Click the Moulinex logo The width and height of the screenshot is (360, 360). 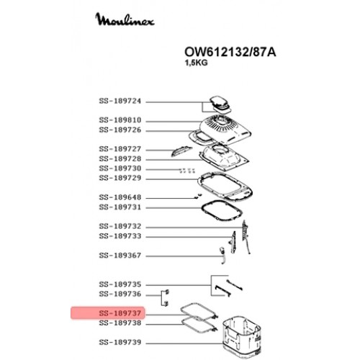(x=125, y=19)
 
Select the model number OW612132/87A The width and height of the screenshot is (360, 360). (x=230, y=52)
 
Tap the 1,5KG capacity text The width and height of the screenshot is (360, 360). (x=196, y=63)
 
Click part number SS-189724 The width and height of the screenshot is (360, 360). (x=120, y=101)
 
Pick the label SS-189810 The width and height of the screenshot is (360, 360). (x=120, y=120)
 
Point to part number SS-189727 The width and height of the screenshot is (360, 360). (x=120, y=149)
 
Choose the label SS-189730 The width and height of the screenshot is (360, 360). (x=120, y=168)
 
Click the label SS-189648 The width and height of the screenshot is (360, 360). (x=120, y=197)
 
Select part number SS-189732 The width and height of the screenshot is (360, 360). (x=120, y=226)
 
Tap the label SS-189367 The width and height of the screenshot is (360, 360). (x=120, y=256)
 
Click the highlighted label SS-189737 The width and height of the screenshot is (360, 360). (x=120, y=313)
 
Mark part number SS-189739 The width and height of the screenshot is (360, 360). (x=120, y=342)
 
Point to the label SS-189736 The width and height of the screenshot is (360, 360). (x=120, y=294)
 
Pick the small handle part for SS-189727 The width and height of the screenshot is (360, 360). (x=181, y=150)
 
